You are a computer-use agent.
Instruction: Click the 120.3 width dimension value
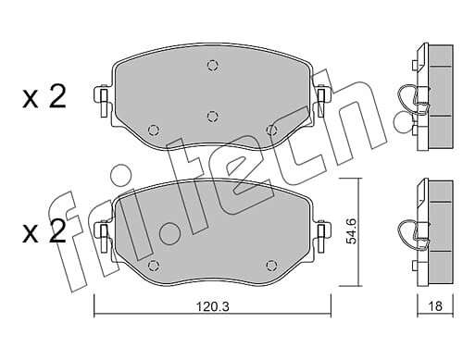[213, 306]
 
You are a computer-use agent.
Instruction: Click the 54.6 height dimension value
[351, 231]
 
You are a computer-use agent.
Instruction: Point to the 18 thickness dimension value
[435, 306]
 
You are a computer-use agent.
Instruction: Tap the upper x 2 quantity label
[44, 96]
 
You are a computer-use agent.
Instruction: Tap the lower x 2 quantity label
[44, 231]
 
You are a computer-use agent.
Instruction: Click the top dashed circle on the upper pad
[212, 66]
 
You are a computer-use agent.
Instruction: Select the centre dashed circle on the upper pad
[212, 116]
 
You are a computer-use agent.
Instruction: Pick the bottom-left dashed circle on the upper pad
[154, 130]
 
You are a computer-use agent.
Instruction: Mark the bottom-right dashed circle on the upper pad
[271, 130]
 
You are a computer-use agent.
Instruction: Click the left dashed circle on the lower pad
[154, 265]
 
